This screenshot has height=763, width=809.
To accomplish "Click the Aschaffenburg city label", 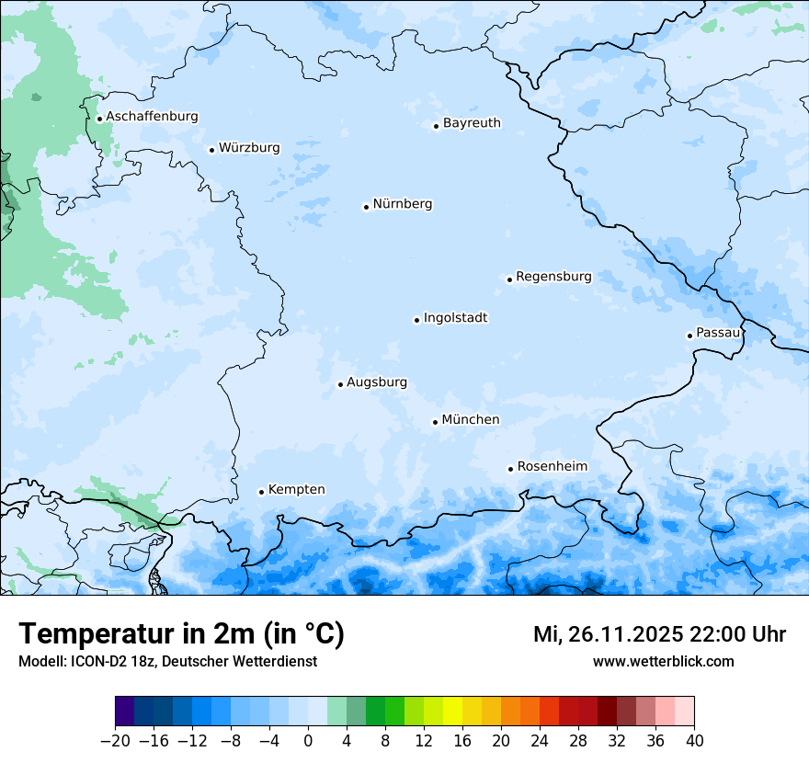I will tap(152, 117).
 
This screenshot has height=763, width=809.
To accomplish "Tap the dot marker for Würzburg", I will tap(211, 150).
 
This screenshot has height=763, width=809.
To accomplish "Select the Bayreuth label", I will tap(472, 123).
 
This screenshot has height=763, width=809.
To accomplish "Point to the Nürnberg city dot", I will tap(366, 207).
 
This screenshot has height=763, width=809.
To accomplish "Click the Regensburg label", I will tap(553, 277).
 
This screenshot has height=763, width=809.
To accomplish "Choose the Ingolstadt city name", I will tap(455, 318).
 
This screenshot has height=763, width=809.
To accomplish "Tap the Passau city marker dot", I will tap(689, 336).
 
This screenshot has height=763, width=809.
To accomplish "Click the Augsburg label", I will tap(376, 382).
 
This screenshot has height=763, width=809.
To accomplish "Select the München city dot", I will tap(435, 423).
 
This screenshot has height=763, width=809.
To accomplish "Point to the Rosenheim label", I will tap(552, 467).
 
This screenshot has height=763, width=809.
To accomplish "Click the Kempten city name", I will tap(296, 490).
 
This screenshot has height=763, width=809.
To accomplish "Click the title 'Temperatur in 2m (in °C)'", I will tap(181, 634).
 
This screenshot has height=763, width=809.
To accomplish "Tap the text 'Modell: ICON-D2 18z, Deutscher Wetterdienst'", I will tap(167, 662).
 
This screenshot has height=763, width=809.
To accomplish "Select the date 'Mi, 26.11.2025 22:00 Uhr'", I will tap(659, 634).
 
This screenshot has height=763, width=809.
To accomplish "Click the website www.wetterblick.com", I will tap(663, 662).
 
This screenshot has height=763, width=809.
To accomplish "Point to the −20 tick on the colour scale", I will tap(115, 741).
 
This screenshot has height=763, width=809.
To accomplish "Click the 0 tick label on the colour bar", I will tap(308, 741).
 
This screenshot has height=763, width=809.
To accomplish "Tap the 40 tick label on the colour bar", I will tap(694, 741).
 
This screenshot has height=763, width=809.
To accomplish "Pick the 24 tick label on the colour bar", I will tap(540, 741).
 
